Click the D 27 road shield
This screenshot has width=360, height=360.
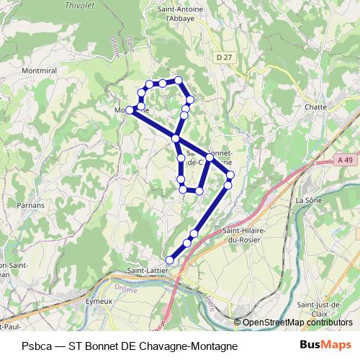pos(224,55)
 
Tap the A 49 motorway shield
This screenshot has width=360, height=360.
pos(346,163)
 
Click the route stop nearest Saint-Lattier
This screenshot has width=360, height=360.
pos(171,260)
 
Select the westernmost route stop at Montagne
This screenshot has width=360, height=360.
pos(130,110)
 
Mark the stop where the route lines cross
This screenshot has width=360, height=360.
pos(176,138)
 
